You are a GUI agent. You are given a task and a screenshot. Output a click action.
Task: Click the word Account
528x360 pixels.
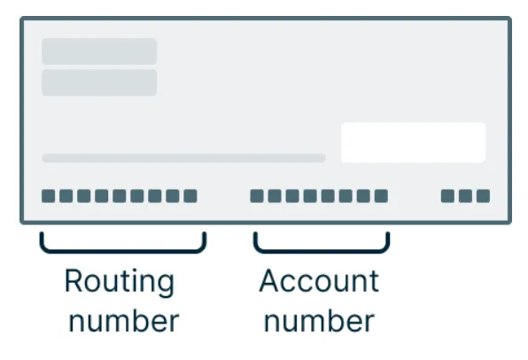tap(319, 281)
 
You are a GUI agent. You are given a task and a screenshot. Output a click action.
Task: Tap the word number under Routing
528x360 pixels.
tap(123, 321)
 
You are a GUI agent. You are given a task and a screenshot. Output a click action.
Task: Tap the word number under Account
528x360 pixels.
tap(319, 321)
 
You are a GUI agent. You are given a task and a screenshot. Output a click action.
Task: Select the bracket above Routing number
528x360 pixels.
tap(123, 251)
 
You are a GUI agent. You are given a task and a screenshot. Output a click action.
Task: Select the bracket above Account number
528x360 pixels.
tap(322, 251)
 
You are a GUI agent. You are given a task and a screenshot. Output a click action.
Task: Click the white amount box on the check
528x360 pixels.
tap(413, 143)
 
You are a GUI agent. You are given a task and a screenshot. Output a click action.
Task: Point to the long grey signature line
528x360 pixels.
tap(184, 158)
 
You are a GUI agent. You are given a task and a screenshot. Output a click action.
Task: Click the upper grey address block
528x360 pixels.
tap(99, 51)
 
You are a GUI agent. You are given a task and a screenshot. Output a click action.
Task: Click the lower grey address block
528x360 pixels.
tap(99, 82)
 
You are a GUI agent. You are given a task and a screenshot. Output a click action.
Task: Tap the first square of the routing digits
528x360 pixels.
tap(48, 196)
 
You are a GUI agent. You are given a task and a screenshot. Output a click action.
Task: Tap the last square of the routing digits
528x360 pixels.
tap(190, 196)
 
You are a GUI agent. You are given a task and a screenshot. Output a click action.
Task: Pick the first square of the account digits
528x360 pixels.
tap(257, 196)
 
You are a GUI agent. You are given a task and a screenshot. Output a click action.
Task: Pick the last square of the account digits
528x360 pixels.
tap(381, 196)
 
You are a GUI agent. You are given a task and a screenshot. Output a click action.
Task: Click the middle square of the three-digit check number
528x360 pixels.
tap(465, 196)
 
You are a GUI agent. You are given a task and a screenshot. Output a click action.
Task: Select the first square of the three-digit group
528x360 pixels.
tap(447, 196)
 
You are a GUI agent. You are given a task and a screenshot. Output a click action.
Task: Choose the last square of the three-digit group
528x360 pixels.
tap(483, 196)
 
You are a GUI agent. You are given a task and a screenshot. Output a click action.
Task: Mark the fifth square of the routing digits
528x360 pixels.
tap(120, 196)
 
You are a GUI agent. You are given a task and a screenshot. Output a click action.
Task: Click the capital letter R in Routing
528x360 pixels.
tap(74, 281)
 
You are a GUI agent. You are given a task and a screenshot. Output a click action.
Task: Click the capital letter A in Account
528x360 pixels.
tap(269, 281)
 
